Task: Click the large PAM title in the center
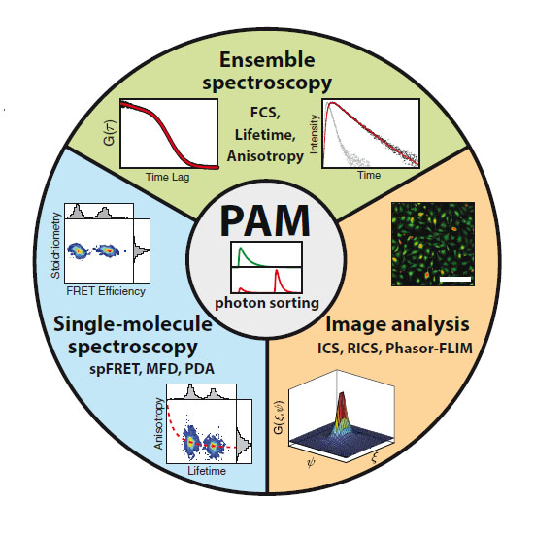pyautogui.click(x=265, y=220)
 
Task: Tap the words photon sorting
pyautogui.click(x=267, y=303)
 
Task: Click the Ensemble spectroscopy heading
pyautogui.click(x=267, y=71)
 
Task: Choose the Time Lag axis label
pyautogui.click(x=167, y=177)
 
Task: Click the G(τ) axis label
pyautogui.click(x=110, y=133)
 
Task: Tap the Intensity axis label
pyautogui.click(x=314, y=134)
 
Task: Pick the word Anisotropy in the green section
pyautogui.click(x=265, y=156)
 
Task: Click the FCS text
pyautogui.click(x=265, y=113)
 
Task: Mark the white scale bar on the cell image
pyautogui.click(x=455, y=280)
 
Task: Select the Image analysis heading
pyautogui.click(x=397, y=324)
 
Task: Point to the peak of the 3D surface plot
pyautogui.click(x=342, y=395)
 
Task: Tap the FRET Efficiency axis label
pyautogui.click(x=106, y=291)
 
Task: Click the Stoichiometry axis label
pyautogui.click(x=55, y=246)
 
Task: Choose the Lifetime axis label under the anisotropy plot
pyautogui.click(x=207, y=471)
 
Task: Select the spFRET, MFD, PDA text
pyautogui.click(x=151, y=369)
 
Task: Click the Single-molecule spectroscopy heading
pyautogui.click(x=133, y=335)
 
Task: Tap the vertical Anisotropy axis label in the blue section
pyautogui.click(x=158, y=423)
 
